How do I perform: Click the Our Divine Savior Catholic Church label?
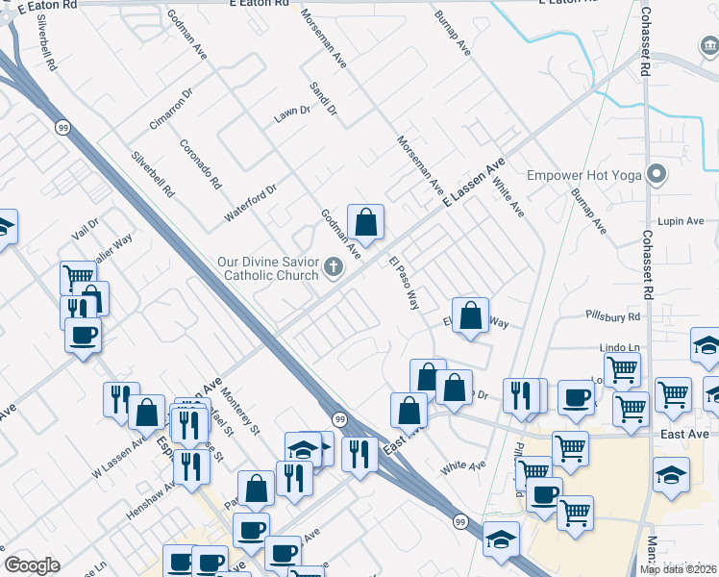tap(267, 268)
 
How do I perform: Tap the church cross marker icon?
tap(334, 268)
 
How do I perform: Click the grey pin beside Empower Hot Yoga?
tap(657, 175)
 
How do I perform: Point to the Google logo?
tap(32, 565)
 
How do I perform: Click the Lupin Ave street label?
tap(682, 221)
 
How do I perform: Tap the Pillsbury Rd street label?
tap(612, 315)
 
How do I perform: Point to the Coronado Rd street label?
tap(200, 163)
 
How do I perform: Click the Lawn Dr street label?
tap(292, 113)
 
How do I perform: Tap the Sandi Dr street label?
tap(323, 98)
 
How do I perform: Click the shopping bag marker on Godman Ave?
tap(365, 223)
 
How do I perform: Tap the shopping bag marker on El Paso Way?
tap(470, 314)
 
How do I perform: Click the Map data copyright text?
tap(679, 569)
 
